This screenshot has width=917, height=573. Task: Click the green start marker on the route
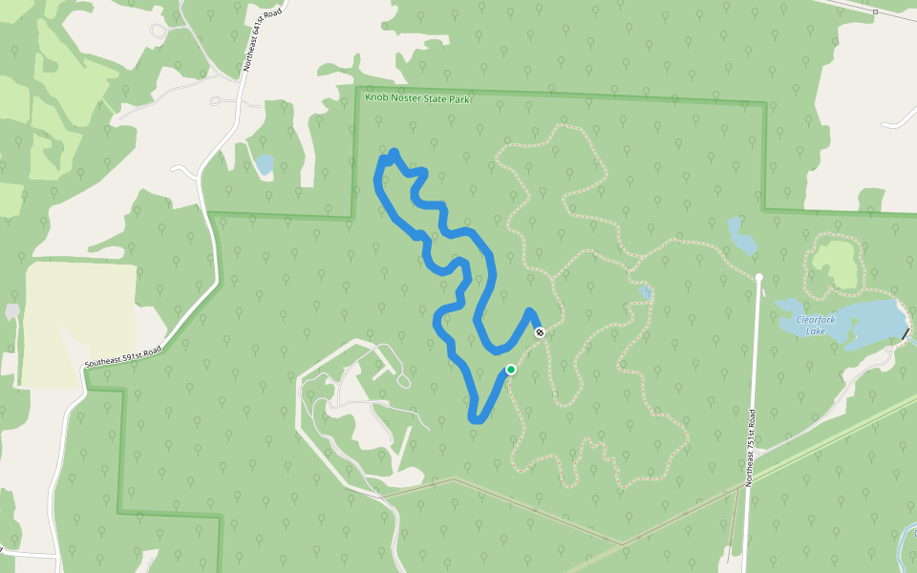511,370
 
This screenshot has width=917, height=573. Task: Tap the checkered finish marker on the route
540,332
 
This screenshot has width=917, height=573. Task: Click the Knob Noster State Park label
417,98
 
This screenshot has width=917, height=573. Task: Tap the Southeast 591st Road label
122,356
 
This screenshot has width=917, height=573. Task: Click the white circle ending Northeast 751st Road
759,278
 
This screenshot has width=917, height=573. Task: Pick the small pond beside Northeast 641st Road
264,164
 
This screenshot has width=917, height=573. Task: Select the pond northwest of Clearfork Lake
741,236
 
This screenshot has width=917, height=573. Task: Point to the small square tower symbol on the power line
874,11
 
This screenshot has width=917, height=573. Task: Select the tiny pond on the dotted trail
647,291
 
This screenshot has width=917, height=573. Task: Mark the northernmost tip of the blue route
394,153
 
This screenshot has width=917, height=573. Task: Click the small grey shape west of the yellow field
12,312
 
